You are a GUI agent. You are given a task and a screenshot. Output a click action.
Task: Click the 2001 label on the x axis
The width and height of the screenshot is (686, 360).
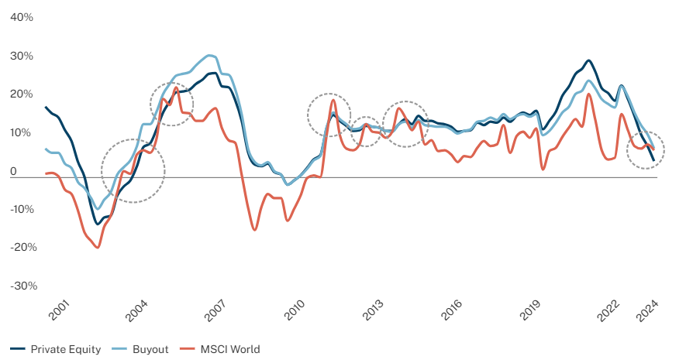click(x=58, y=310)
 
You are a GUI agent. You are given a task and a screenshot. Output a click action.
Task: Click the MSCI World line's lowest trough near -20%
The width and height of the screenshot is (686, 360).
click(x=97, y=247)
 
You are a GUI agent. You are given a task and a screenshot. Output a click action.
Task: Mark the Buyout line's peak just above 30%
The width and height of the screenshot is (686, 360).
click(x=210, y=55)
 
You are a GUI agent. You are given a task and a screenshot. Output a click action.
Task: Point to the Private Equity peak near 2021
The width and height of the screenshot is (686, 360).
click(x=588, y=60)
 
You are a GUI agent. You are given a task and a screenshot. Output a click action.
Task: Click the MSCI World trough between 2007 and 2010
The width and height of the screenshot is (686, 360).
click(x=254, y=230)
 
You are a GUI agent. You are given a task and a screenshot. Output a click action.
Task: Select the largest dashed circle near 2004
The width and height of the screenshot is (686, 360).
click(x=133, y=170)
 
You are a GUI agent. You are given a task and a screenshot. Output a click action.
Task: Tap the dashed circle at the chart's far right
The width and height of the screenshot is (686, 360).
click(x=645, y=151)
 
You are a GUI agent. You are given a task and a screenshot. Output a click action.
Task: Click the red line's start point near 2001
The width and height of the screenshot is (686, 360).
click(x=46, y=173)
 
